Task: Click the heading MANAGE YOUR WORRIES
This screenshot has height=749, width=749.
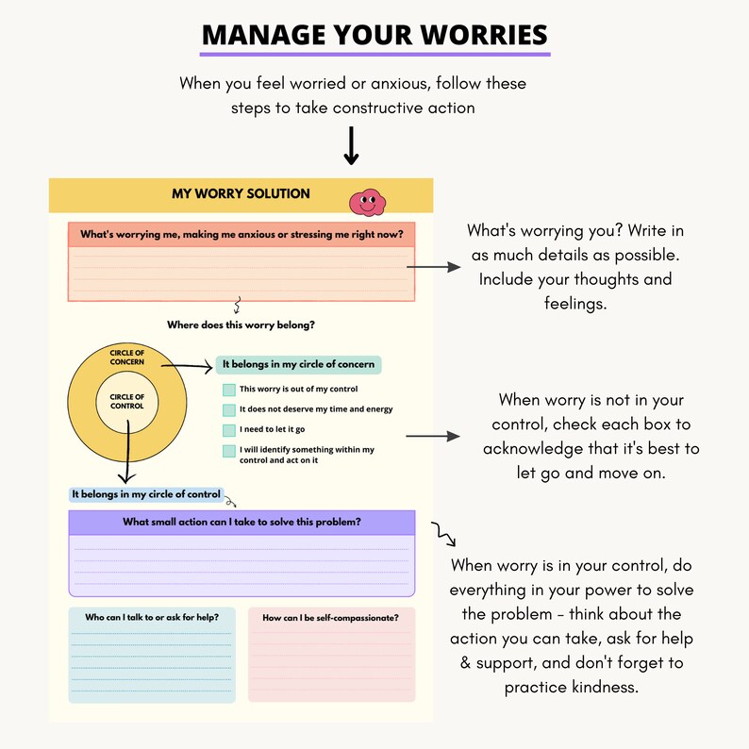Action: pyautogui.click(x=374, y=36)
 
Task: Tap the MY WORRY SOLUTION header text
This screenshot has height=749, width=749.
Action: pyautogui.click(x=241, y=193)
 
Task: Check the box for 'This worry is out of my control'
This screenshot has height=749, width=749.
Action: pyautogui.click(x=228, y=390)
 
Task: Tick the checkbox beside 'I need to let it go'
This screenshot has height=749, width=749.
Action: pyautogui.click(x=228, y=430)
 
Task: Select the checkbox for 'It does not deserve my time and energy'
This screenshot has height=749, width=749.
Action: pyautogui.click(x=228, y=409)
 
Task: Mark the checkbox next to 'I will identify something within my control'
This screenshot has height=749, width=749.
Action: pyautogui.click(x=228, y=451)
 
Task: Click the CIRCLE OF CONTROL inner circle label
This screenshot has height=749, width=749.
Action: pyautogui.click(x=126, y=402)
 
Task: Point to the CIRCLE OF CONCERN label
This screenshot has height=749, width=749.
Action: pyautogui.click(x=126, y=358)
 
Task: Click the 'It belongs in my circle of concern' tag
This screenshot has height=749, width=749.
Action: pyautogui.click(x=298, y=364)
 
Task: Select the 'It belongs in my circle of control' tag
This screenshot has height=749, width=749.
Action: pyautogui.click(x=146, y=494)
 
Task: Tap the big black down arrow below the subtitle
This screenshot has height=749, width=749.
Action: pyautogui.click(x=351, y=145)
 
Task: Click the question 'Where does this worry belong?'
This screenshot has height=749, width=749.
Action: pyautogui.click(x=241, y=325)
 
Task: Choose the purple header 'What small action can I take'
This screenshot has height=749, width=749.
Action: pyautogui.click(x=241, y=522)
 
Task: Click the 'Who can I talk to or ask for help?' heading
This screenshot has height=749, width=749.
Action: pyautogui.click(x=152, y=618)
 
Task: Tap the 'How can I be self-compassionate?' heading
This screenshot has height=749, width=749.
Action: pyautogui.click(x=330, y=618)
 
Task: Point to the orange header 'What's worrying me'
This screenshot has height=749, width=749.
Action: pyautogui.click(x=241, y=234)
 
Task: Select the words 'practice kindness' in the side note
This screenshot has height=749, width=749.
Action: pyautogui.click(x=572, y=687)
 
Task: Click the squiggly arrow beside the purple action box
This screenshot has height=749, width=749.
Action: pyautogui.click(x=443, y=535)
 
